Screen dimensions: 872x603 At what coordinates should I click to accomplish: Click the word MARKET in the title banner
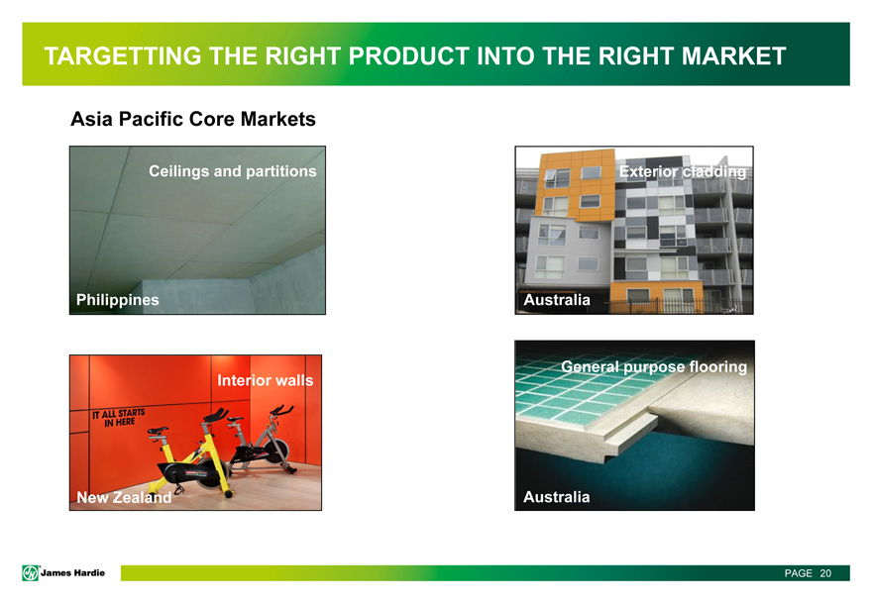click(x=733, y=56)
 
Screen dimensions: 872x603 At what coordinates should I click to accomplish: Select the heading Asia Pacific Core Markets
click(x=193, y=119)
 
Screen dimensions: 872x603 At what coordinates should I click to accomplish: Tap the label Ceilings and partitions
click(x=233, y=171)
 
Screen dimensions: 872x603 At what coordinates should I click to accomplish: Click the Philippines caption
click(x=117, y=300)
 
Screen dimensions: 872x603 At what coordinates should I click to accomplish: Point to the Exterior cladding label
click(x=683, y=171)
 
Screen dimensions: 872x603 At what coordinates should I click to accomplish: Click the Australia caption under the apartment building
click(x=557, y=300)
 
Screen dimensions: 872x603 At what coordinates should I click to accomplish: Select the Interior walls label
click(x=266, y=380)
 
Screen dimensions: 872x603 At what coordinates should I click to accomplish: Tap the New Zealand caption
click(x=124, y=497)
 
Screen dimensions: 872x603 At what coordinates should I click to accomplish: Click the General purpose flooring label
click(x=654, y=366)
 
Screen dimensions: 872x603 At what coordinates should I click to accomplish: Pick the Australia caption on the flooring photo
click(x=556, y=497)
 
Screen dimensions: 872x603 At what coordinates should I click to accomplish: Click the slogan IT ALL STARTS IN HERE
click(x=119, y=418)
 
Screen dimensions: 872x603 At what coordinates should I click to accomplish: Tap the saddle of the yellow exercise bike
click(x=158, y=431)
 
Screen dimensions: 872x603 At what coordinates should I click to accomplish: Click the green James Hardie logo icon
click(x=30, y=573)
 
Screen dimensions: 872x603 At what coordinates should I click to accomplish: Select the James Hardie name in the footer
click(x=73, y=573)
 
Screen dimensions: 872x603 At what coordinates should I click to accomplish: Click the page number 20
click(x=825, y=573)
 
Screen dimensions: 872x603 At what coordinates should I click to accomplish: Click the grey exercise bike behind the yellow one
click(x=262, y=439)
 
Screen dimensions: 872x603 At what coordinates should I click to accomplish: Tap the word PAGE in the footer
click(x=799, y=573)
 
